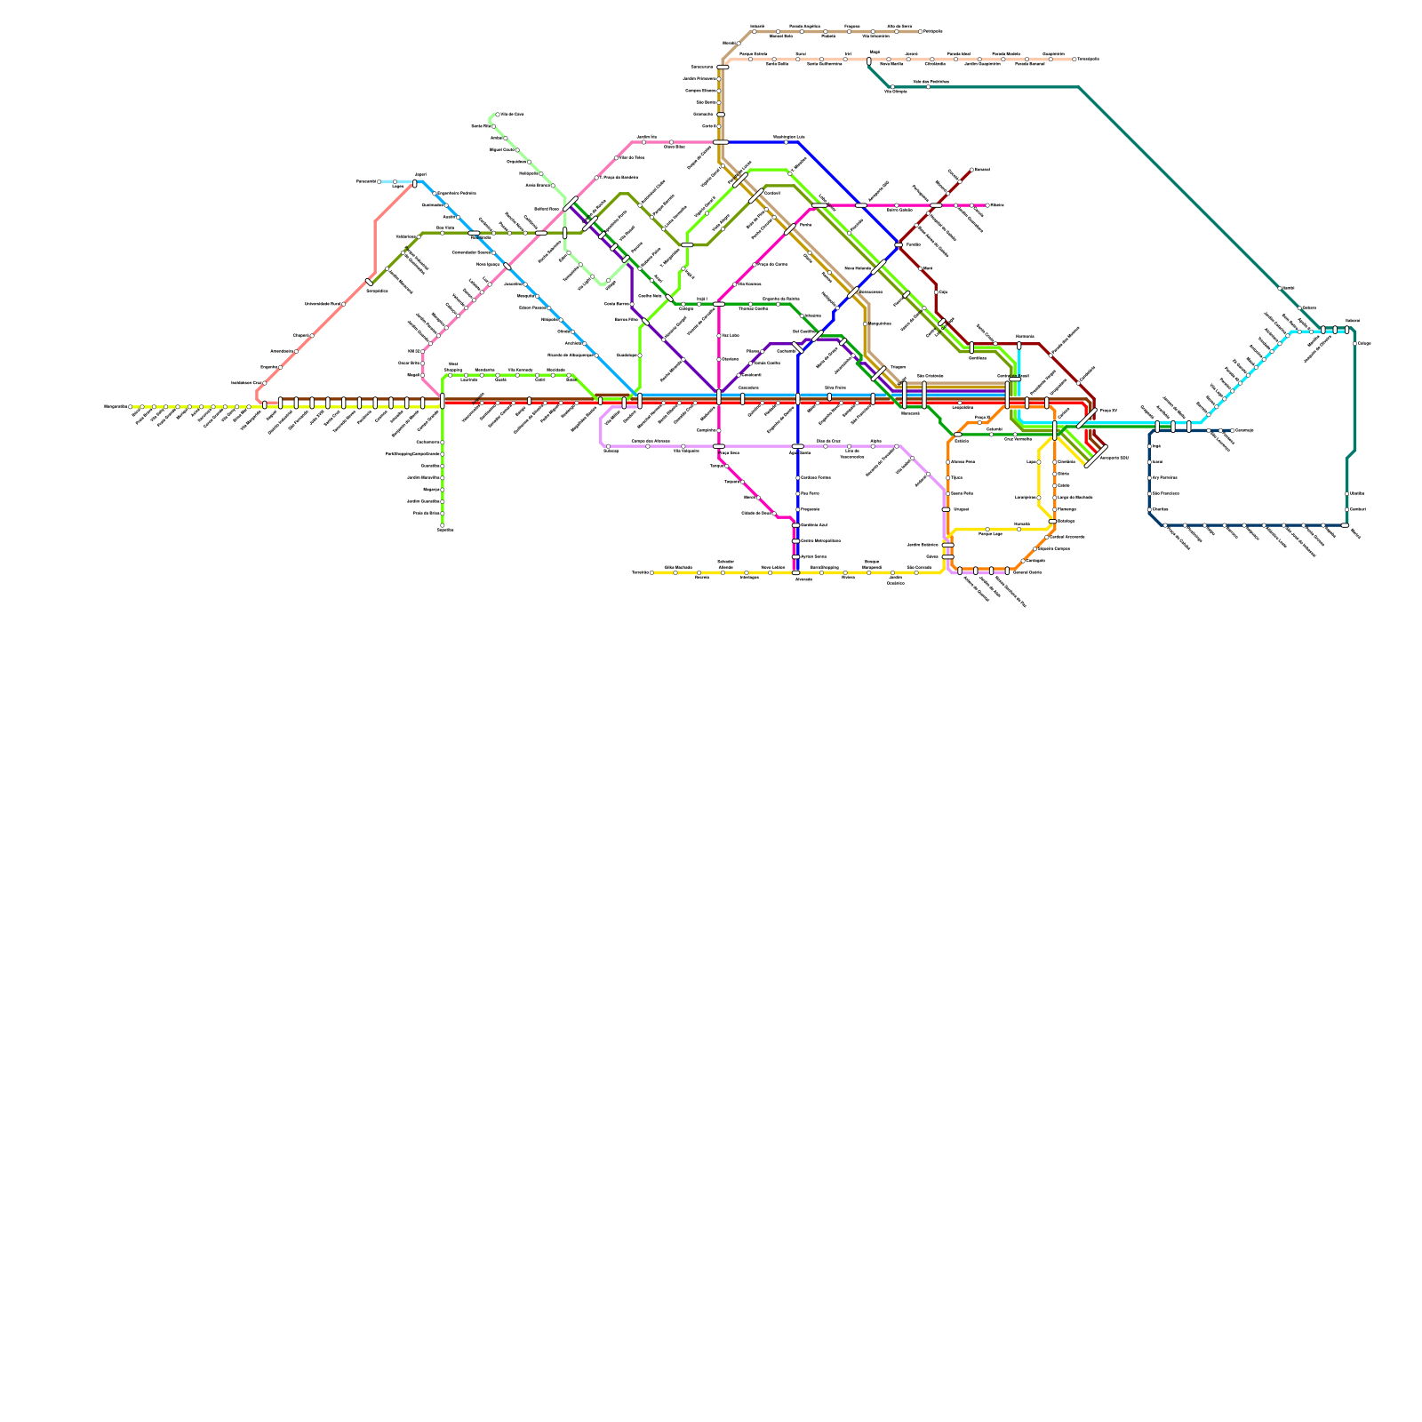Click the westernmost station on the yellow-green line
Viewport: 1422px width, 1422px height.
pos(132,407)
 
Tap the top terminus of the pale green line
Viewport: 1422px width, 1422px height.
pos(497,115)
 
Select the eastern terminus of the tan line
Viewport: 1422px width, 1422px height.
pos(920,31)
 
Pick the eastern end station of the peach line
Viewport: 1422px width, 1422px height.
pos(1074,60)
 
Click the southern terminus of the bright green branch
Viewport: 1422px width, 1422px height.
pos(442,525)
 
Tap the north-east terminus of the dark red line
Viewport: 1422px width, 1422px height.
pos(972,168)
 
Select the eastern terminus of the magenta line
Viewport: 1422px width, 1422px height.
pos(987,205)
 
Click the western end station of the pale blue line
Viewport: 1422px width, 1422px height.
pos(379,181)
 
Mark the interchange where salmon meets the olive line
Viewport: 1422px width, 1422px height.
pos(369,282)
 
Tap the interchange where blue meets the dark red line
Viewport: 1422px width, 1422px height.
pos(899,245)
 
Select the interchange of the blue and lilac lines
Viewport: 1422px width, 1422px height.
pos(797,446)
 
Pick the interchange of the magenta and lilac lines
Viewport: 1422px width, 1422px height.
pos(719,446)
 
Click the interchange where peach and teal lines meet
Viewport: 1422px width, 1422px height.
pos(869,61)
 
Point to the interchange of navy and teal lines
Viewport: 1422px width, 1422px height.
pos(1346,525)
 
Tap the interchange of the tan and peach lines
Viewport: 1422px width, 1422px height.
pos(723,67)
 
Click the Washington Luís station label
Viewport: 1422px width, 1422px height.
pos(788,137)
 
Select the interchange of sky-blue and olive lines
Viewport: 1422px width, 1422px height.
pos(474,233)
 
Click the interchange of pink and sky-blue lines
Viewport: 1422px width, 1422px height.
pos(507,267)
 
